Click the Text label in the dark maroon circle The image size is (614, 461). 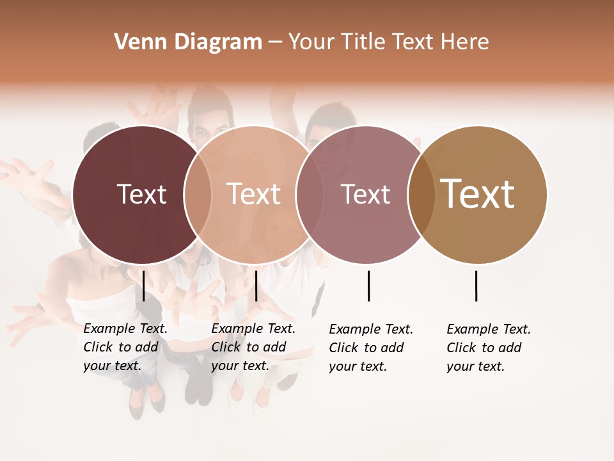coord(141,194)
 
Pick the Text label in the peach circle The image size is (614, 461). coord(254,194)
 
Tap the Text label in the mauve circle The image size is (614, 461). coord(365,194)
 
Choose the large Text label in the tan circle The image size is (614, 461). coord(478,194)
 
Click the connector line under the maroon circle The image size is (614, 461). coord(144,286)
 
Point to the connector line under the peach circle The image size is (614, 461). coord(256,286)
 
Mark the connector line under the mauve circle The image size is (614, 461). coord(368,286)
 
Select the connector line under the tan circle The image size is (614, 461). coord(476,286)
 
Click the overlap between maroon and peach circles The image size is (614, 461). coord(198,194)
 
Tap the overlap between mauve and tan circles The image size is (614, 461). coord(421,194)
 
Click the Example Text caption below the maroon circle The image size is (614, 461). coord(125,347)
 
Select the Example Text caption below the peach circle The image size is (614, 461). coord(253,347)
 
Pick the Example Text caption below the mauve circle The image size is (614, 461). coord(371,348)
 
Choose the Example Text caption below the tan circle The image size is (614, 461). coord(489,348)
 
